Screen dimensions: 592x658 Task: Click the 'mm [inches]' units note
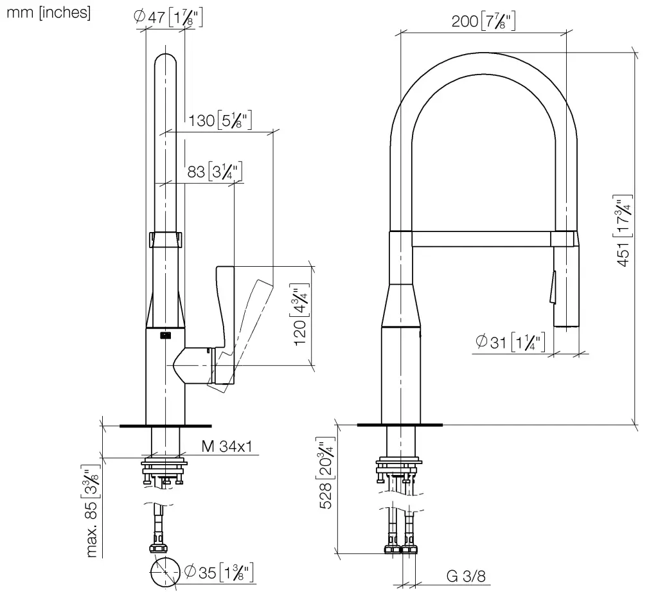[x=48, y=13]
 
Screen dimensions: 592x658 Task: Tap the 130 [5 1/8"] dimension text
[x=220, y=120]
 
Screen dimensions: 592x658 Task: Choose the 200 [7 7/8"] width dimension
[x=483, y=21]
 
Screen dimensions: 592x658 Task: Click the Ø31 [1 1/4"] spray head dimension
[x=511, y=342]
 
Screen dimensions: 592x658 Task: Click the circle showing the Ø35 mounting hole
[x=165, y=571]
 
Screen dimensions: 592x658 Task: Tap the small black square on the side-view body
[x=163, y=334]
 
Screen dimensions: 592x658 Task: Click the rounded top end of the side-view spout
[x=166, y=61]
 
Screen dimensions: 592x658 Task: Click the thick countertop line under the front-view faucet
[x=399, y=425]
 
